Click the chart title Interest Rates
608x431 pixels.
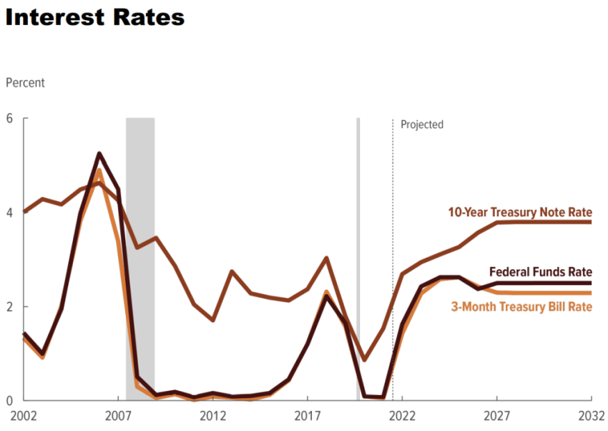click(94, 17)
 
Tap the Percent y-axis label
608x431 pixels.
click(25, 82)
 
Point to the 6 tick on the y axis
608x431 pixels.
click(10, 118)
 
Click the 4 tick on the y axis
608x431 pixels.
click(10, 213)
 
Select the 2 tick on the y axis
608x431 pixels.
click(10, 306)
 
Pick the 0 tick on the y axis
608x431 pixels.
click(10, 400)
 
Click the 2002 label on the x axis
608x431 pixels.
click(23, 416)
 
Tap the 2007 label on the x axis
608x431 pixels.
click(117, 416)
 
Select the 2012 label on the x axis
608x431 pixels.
click(212, 416)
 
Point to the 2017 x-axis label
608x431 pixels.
click(307, 416)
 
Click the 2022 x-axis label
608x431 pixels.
click(401, 416)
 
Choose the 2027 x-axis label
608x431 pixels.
click(496, 416)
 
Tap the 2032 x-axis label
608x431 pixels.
click(591, 416)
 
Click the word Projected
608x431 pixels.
click(422, 125)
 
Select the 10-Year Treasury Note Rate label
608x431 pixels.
click(520, 212)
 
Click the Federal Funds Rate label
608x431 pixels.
click(540, 272)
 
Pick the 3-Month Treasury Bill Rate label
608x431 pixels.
click(521, 307)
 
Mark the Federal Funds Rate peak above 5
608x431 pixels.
click(99, 153)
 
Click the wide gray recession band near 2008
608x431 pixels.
click(140, 258)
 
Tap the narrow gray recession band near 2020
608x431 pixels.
click(358, 258)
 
